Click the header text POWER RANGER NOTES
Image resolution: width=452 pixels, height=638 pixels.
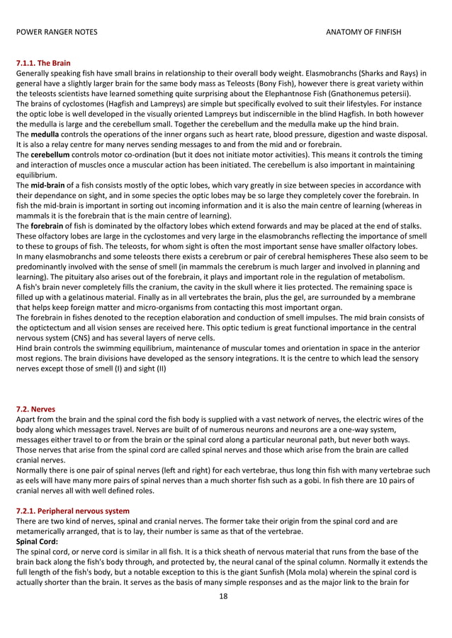point(57,33)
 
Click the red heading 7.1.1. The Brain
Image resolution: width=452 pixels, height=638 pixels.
point(43,64)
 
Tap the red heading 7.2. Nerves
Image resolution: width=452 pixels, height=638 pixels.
point(36,409)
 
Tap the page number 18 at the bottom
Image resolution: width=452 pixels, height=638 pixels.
point(225,597)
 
